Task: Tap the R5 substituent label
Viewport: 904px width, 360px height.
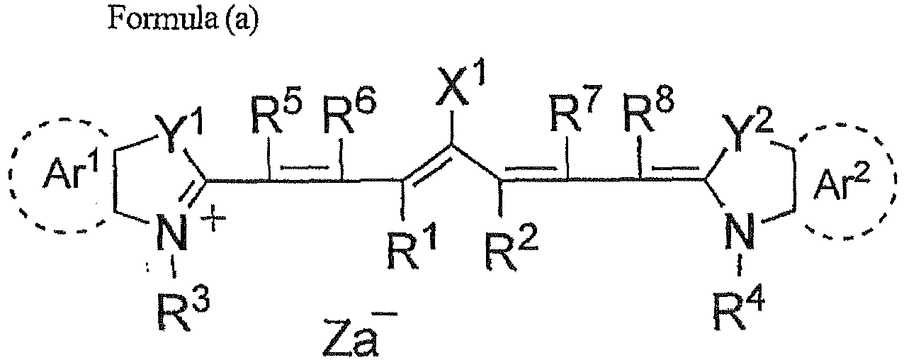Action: [277, 116]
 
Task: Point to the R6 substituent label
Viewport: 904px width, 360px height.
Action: [349, 114]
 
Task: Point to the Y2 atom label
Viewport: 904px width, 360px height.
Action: [747, 133]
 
